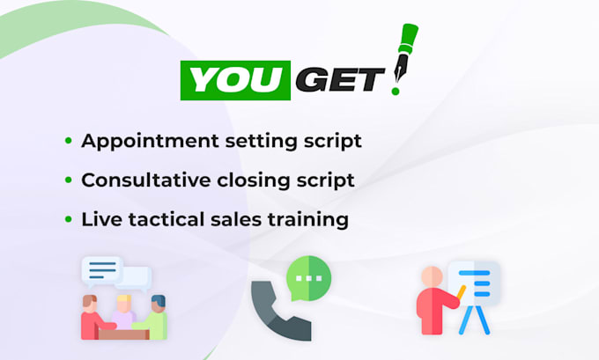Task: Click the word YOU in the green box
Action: [236, 80]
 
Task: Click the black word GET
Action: [340, 80]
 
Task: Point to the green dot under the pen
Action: [396, 92]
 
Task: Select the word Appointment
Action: [150, 141]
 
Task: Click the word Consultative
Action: [145, 180]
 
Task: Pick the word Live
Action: [101, 219]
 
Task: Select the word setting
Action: [261, 142]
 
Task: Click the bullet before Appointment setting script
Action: [69, 141]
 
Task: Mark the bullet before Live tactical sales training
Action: [69, 219]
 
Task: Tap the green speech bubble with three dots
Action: [308, 278]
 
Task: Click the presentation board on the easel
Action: [475, 283]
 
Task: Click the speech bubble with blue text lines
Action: [102, 271]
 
